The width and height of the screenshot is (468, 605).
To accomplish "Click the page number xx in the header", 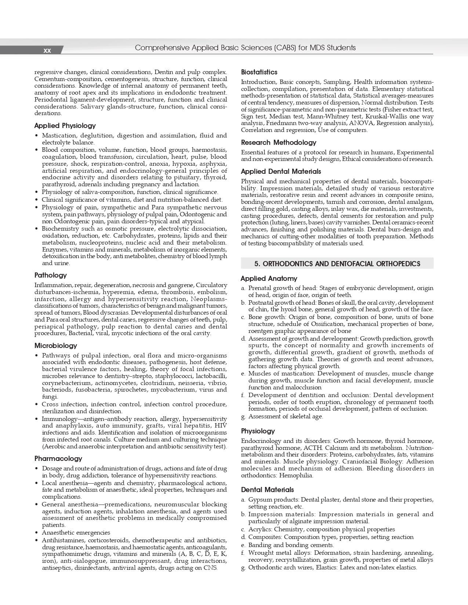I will [x=47, y=51].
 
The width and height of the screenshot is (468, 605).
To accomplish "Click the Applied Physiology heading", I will [x=65, y=126].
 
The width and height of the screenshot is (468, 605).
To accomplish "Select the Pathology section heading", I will [x=51, y=275].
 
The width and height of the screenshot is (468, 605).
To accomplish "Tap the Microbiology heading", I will [x=56, y=346].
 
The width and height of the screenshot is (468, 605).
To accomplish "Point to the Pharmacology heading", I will [x=58, y=459].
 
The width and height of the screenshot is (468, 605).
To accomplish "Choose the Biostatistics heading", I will [x=259, y=72].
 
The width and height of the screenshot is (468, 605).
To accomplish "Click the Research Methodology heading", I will [x=278, y=143].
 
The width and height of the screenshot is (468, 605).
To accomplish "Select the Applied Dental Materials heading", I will [x=281, y=172].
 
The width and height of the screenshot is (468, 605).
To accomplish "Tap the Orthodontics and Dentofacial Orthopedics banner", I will [x=337, y=264].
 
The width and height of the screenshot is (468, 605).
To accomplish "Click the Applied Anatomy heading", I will [x=269, y=279].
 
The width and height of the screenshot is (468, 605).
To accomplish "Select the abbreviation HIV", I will [x=221, y=426].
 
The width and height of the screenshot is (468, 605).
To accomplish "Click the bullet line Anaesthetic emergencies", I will [x=76, y=533].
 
